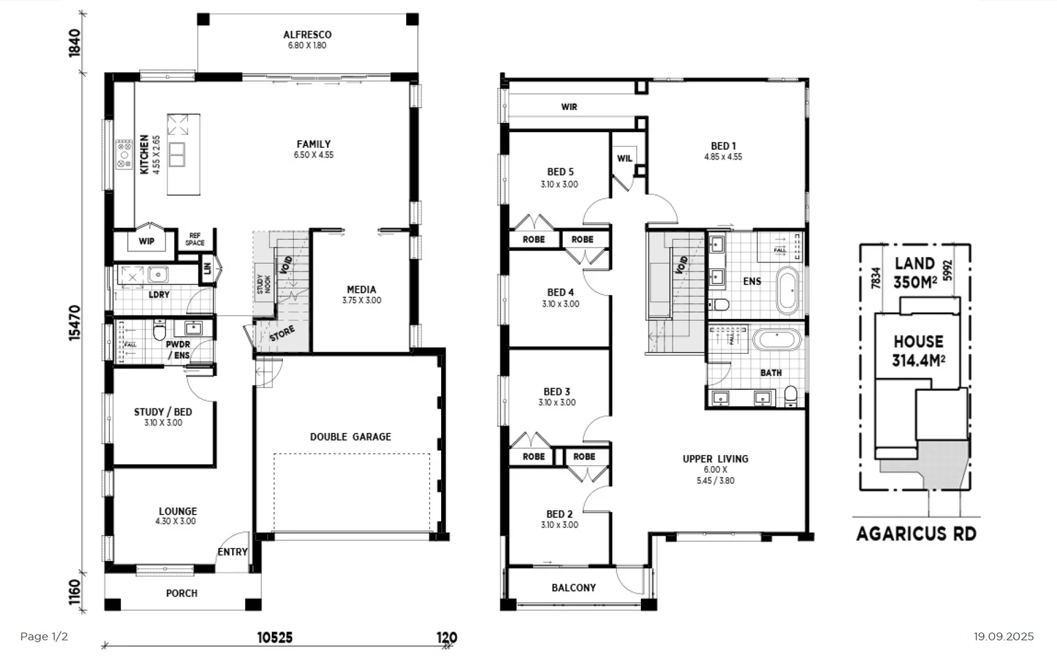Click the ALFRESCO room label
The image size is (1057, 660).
(x=307, y=35)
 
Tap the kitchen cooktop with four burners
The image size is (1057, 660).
(x=124, y=154)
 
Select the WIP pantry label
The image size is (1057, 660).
(x=147, y=241)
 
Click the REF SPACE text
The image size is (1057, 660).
(x=195, y=239)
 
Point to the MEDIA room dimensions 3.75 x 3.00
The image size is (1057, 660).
(x=362, y=301)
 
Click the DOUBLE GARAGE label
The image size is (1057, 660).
(x=350, y=437)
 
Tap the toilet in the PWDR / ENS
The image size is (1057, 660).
(x=159, y=332)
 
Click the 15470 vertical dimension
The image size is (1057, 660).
(x=75, y=323)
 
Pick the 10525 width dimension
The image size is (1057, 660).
(x=274, y=637)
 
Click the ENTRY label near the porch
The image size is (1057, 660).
(x=232, y=552)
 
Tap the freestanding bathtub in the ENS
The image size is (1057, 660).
(x=788, y=291)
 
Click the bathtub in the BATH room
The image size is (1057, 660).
(x=776, y=340)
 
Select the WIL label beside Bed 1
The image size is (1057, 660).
(x=624, y=158)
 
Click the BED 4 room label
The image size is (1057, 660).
(x=560, y=293)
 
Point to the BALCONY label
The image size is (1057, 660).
(x=573, y=588)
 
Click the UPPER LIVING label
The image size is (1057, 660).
(x=715, y=459)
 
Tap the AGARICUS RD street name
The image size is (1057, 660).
(x=916, y=533)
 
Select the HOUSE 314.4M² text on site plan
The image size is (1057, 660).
(x=918, y=351)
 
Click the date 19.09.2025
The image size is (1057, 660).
(x=1003, y=637)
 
